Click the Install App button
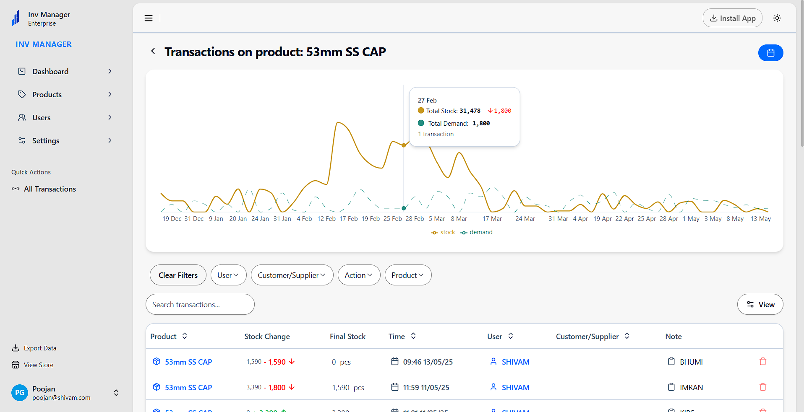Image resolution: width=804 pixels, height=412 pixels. pos(732,18)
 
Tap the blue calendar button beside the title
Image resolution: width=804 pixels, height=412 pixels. pos(770,53)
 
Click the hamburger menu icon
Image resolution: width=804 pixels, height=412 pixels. pos(149,18)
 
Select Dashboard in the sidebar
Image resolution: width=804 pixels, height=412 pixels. pos(50,72)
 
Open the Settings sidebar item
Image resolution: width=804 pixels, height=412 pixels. pos(46,141)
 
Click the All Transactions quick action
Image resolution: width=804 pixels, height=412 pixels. pos(50,189)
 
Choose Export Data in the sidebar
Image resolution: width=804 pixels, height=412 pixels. pos(40,348)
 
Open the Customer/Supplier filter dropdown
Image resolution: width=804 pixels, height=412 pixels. pos(292,275)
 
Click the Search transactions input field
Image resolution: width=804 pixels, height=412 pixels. pos(200,305)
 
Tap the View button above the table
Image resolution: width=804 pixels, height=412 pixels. pos(760,305)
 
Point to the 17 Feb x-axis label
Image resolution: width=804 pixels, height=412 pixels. pos(349,219)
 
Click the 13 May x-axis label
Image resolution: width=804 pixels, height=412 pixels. pos(760,219)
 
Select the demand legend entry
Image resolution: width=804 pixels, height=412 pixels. pos(477,232)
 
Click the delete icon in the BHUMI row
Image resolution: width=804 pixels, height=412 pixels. pos(763,362)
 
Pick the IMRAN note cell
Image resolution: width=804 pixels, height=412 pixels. pos(691,388)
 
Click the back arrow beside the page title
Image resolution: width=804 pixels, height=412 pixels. pos(153,51)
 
